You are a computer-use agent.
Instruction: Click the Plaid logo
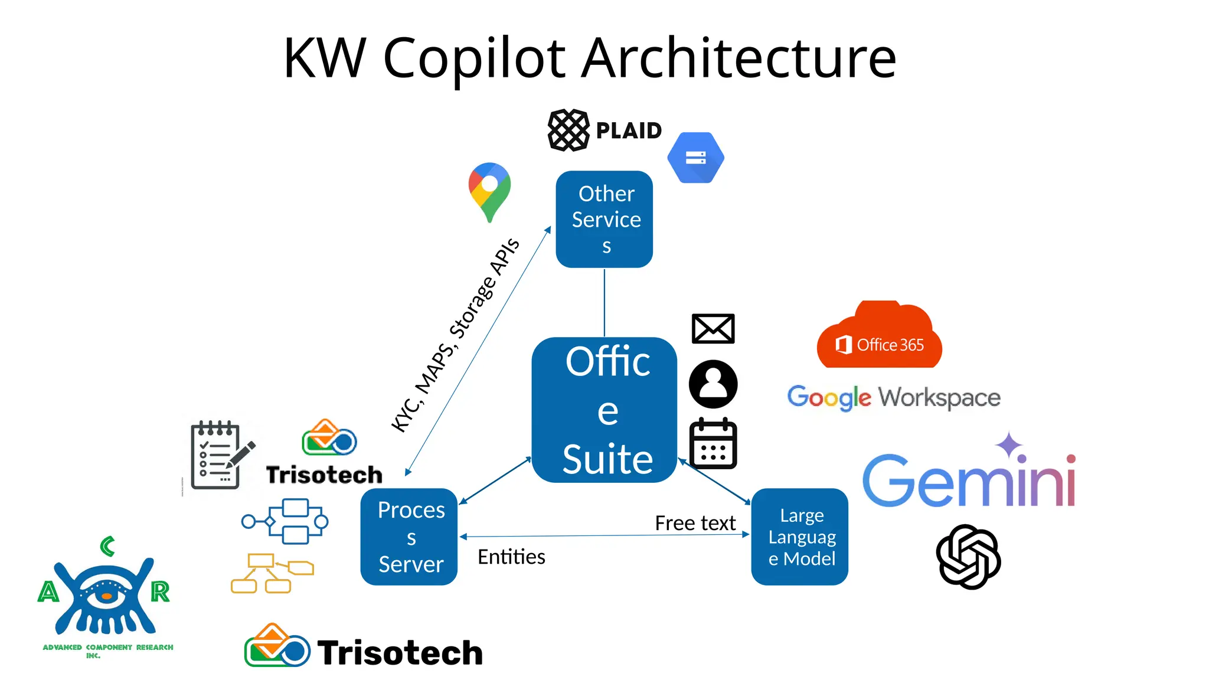(604, 130)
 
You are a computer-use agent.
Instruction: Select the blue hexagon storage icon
(695, 158)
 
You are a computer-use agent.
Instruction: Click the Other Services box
(604, 219)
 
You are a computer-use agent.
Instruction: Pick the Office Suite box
(604, 410)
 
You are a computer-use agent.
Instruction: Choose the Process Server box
(409, 537)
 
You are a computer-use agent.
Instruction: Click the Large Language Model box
(799, 537)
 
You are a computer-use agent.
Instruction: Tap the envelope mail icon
(713, 329)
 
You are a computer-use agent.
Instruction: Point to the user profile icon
(713, 384)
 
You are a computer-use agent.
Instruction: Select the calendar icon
(713, 443)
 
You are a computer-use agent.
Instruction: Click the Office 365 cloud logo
(879, 336)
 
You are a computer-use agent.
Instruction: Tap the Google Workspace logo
(893, 398)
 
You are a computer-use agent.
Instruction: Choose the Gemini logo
(968, 475)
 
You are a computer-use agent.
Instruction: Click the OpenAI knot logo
(968, 557)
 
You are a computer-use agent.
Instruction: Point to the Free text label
(695, 523)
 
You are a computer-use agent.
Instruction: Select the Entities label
(511, 557)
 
